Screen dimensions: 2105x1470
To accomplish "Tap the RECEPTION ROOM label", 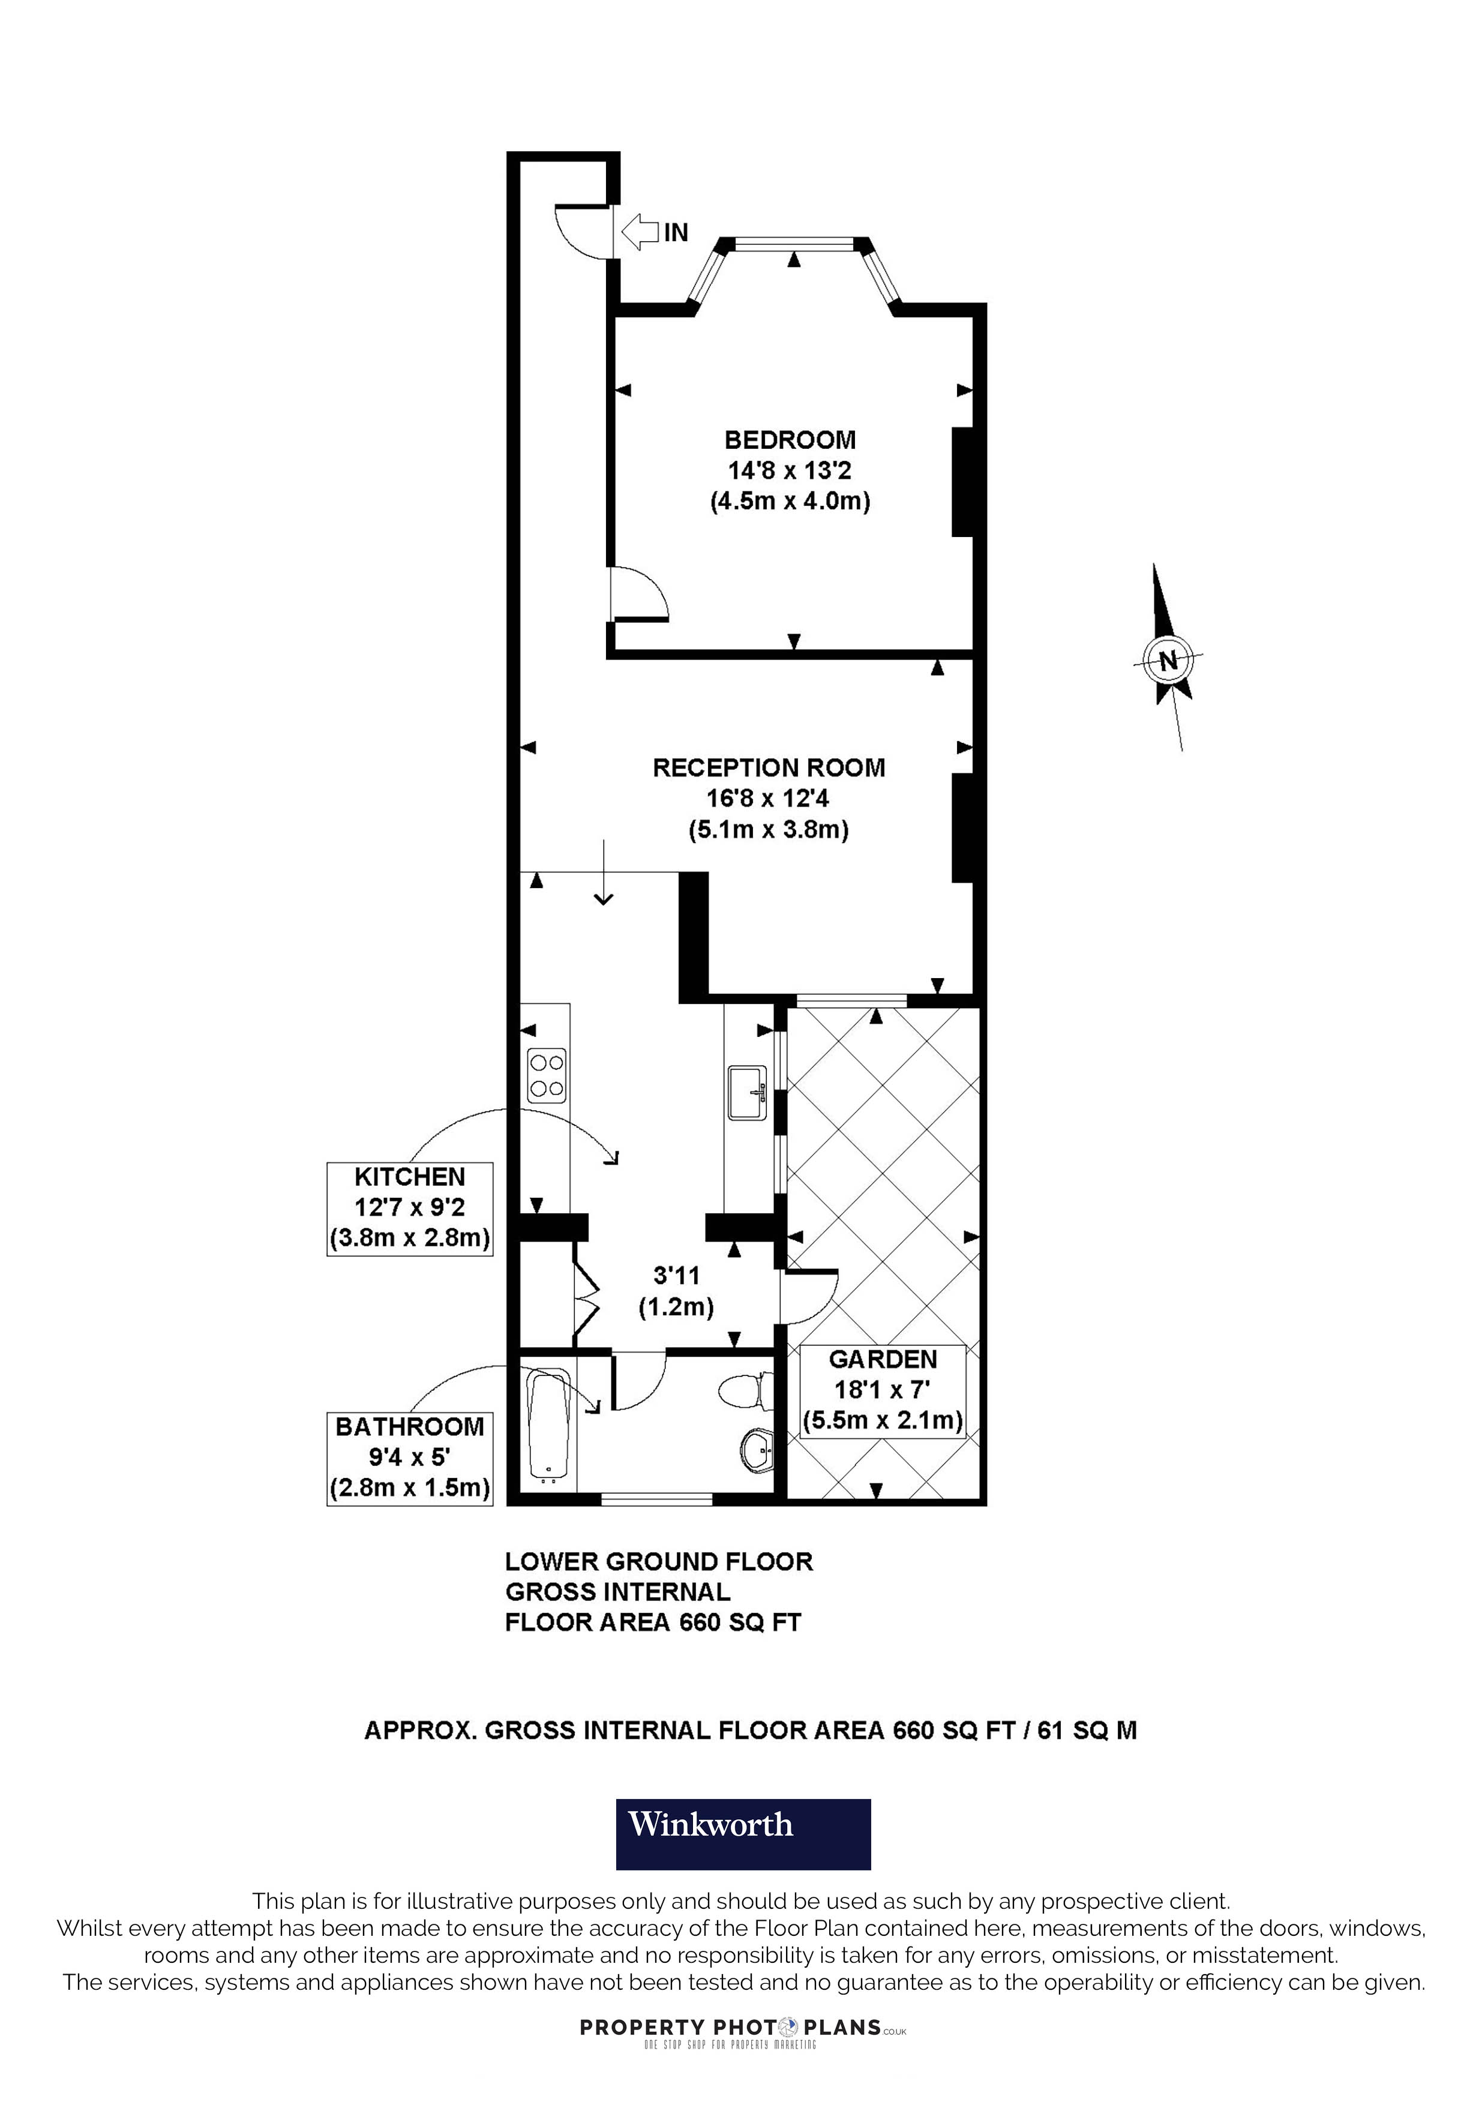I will coord(768,767).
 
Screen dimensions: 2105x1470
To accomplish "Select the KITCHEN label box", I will coord(410,1209).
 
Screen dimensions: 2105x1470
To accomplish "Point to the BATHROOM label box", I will coord(410,1457).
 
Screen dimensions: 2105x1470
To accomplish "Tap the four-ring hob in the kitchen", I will coord(546,1075).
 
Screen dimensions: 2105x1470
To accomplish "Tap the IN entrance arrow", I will coord(653,232).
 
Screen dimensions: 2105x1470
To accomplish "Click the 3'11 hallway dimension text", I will coord(676,1275).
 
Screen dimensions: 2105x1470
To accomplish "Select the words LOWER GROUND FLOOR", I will coord(659,1561).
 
